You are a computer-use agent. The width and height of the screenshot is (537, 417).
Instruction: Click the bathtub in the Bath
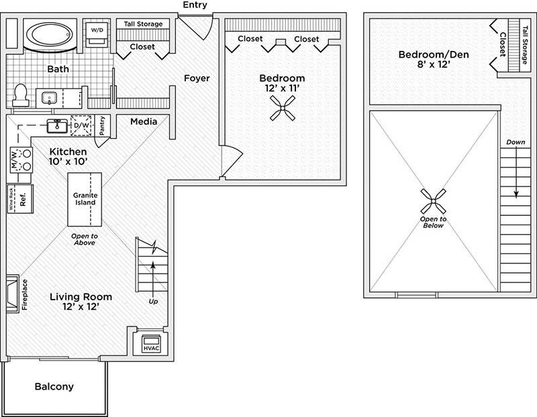point(52,35)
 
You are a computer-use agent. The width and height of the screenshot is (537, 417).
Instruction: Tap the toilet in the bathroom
point(19,95)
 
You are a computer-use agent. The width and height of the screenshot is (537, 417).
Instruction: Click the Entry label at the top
point(194,5)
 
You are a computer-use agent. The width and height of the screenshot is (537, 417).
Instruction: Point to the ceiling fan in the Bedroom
point(282,108)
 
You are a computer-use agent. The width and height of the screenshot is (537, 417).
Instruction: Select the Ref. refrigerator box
point(21,199)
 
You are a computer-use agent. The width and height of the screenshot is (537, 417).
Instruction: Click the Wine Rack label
point(11,199)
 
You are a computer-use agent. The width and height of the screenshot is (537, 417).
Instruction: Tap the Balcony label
point(54,387)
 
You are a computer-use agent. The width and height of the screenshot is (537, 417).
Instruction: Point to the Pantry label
point(103,125)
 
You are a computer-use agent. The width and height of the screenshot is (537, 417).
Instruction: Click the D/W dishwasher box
point(82,125)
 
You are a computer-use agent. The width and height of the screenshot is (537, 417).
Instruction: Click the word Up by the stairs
point(154,301)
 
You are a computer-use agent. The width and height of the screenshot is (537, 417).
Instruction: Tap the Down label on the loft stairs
point(515,143)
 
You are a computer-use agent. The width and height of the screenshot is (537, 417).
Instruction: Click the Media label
point(144,121)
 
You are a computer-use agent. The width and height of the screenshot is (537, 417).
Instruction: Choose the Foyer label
point(197,78)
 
